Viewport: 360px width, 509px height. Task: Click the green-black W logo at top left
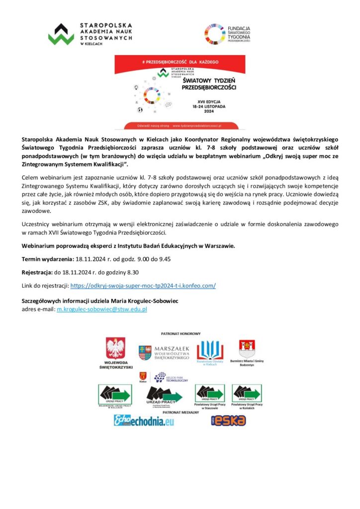(x=61, y=34)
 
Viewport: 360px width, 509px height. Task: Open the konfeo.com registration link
(x=143, y=286)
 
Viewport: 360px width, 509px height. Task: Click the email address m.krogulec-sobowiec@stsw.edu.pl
(x=102, y=309)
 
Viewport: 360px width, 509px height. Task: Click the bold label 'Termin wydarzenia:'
(x=48, y=259)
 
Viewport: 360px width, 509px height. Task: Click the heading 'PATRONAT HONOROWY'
(x=180, y=334)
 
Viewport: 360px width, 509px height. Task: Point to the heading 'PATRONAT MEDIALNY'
(x=180, y=412)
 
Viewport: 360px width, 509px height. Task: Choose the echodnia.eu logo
(x=144, y=421)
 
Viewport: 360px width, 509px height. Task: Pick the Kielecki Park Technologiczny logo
(x=171, y=377)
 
